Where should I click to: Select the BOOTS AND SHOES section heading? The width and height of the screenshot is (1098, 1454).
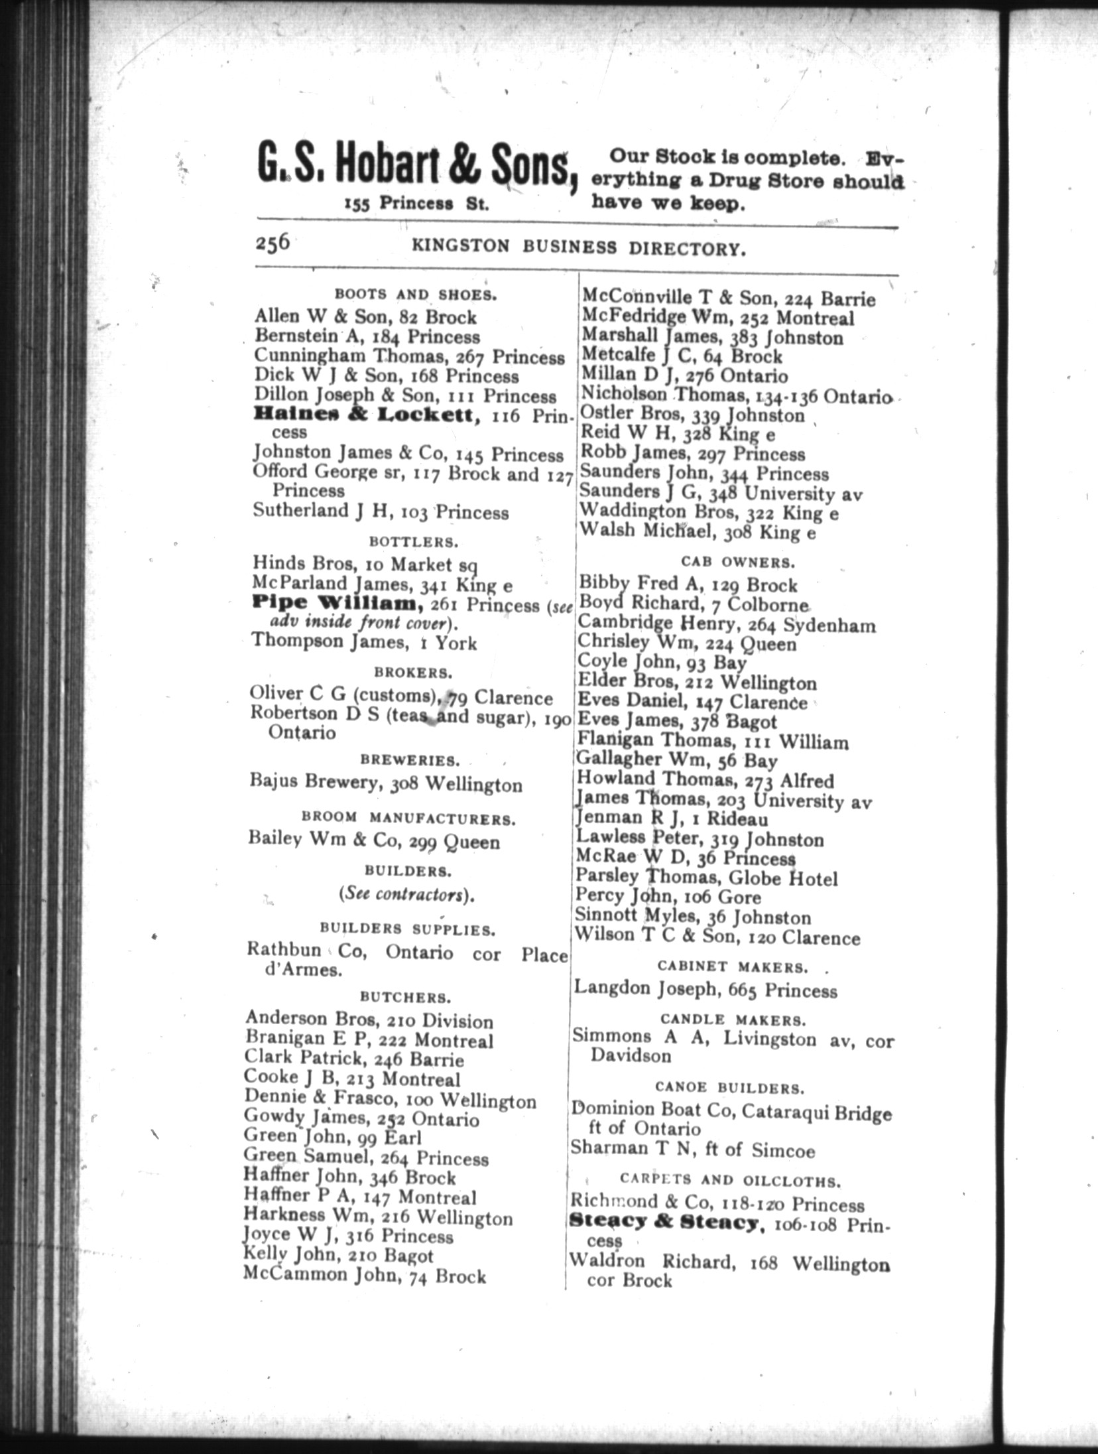416,295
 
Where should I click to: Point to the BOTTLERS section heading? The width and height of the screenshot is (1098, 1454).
414,542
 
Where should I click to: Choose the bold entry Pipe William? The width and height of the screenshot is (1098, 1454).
338,604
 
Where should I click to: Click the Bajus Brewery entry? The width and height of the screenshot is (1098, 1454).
385,783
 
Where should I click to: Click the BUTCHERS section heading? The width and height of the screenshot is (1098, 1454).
406,998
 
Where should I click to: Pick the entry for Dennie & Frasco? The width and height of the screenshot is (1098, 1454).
390,1099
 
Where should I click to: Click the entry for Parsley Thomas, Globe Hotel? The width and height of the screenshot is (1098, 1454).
707,878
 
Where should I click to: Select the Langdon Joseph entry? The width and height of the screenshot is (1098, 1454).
705,990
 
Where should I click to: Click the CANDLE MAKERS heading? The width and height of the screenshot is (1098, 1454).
733,1019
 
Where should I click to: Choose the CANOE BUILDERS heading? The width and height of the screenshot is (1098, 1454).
729,1089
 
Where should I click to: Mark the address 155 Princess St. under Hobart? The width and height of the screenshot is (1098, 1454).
416,204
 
